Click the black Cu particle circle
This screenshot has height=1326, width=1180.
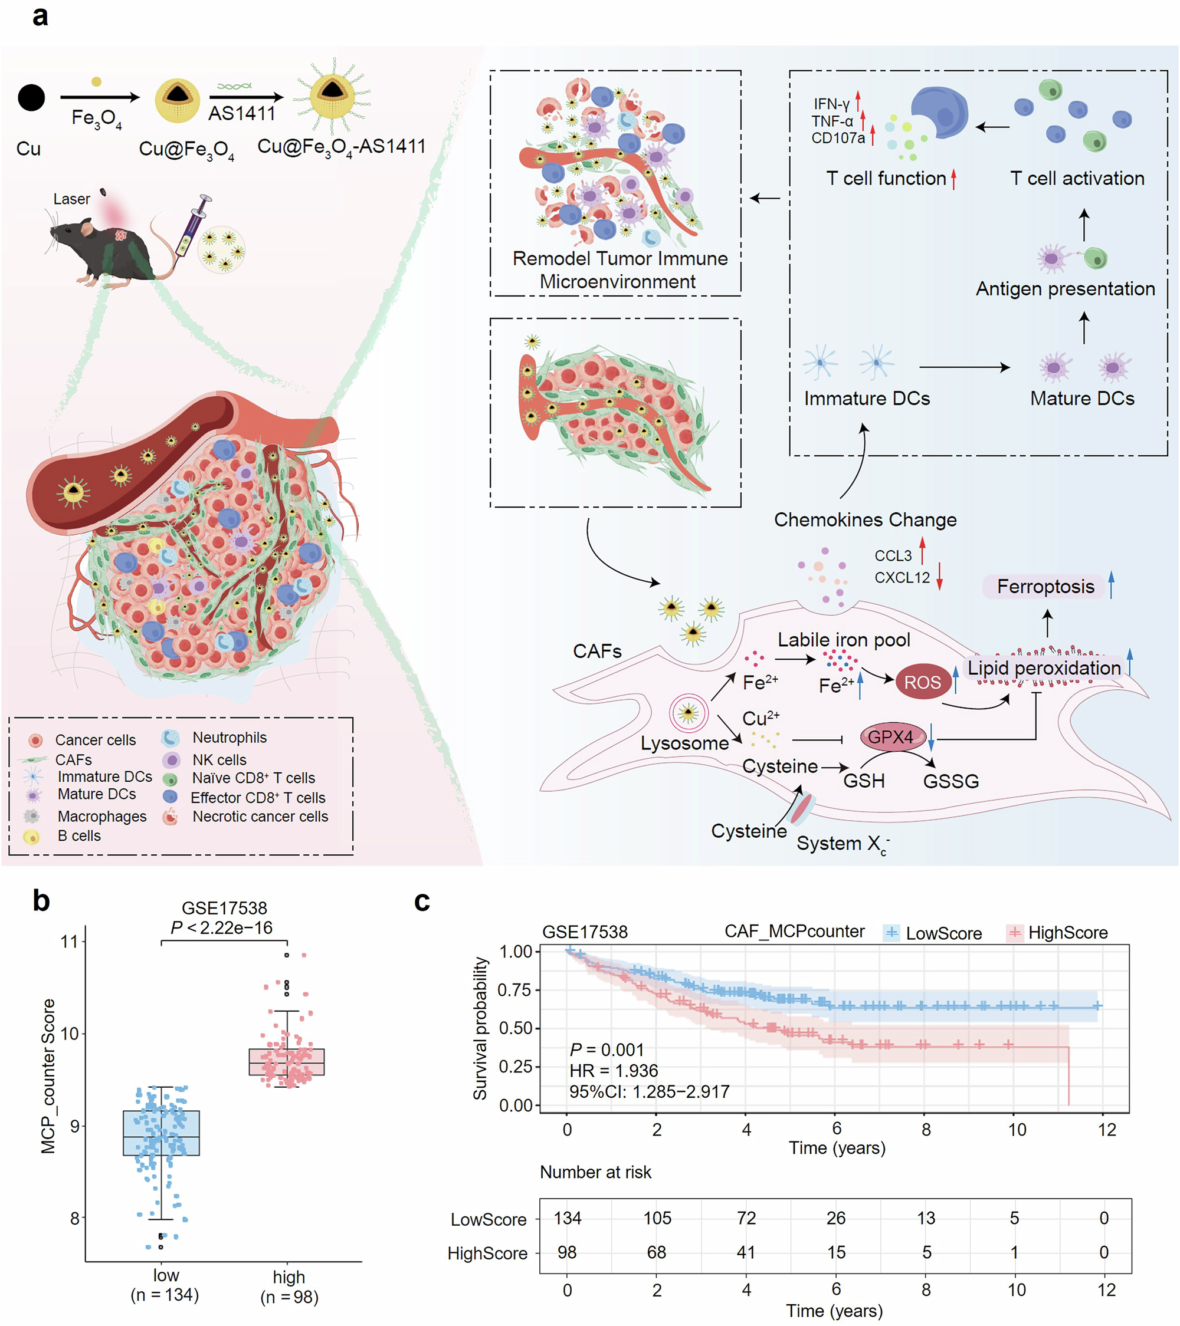(31, 98)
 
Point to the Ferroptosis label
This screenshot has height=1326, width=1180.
(1045, 587)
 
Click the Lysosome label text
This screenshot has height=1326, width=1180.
(684, 743)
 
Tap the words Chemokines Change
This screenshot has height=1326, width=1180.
(864, 519)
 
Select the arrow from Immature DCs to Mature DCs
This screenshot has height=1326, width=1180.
(964, 368)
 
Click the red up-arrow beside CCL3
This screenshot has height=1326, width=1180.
(922, 551)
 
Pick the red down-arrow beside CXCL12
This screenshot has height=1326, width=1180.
(939, 576)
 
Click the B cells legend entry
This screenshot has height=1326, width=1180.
(78, 835)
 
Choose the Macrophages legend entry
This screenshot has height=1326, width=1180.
(101, 816)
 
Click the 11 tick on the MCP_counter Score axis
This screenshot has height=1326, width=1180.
(69, 942)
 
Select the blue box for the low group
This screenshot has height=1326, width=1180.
(161, 1133)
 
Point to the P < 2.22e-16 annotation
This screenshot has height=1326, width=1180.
(221, 927)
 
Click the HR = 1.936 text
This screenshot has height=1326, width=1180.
(614, 1070)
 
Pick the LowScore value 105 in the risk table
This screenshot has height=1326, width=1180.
(657, 1218)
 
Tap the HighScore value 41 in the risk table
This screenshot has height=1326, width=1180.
(746, 1252)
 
